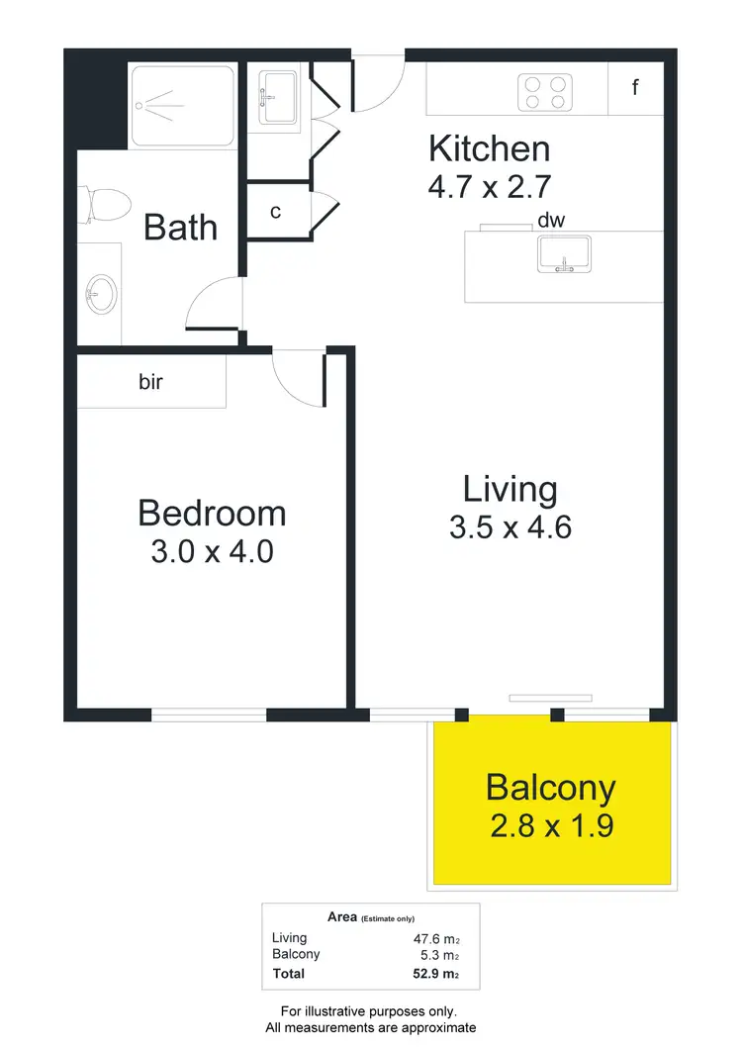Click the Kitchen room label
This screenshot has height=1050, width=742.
489,149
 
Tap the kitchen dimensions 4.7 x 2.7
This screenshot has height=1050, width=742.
489,186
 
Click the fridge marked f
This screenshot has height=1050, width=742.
635,88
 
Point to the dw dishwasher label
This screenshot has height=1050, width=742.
551,221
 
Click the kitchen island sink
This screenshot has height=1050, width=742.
563,254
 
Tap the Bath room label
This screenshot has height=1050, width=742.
180,227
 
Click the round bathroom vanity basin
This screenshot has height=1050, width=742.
101,293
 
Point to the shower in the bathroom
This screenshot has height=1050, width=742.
182,105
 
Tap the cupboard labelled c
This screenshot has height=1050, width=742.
276,212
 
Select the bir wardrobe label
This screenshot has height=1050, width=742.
150,382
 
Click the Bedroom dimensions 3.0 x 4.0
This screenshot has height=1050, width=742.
212,550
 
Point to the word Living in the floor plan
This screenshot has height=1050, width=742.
510,489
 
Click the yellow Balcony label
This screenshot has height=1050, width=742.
551,788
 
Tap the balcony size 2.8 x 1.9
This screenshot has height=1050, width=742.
551,825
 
